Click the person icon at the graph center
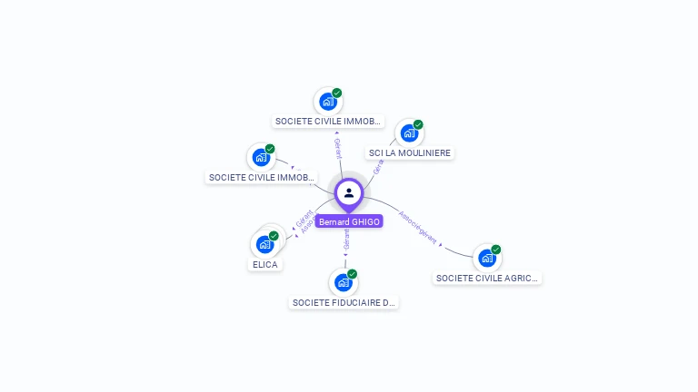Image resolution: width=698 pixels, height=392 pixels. pyautogui.click(x=349, y=192)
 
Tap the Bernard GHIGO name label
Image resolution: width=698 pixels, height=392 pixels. pyautogui.click(x=349, y=221)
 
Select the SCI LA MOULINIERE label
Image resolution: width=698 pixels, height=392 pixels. pyautogui.click(x=409, y=152)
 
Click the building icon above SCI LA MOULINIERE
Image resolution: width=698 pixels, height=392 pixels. pyautogui.click(x=408, y=133)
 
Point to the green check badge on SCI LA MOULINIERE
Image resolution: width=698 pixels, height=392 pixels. pyautogui.click(x=418, y=124)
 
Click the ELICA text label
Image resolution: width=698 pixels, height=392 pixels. pyautogui.click(x=265, y=264)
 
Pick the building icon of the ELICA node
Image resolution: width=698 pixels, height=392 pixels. pyautogui.click(x=264, y=244)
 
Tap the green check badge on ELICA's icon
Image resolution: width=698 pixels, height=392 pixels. pyautogui.click(x=274, y=236)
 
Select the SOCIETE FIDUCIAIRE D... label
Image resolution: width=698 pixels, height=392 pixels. pyautogui.click(x=344, y=302)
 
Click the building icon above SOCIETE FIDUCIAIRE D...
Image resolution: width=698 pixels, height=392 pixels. pyautogui.click(x=343, y=282)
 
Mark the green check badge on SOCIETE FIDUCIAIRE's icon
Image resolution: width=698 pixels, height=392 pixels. pyautogui.click(x=352, y=274)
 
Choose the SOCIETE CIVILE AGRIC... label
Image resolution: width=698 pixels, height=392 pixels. pyautogui.click(x=487, y=278)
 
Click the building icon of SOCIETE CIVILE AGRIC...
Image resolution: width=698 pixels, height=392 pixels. pyautogui.click(x=486, y=258)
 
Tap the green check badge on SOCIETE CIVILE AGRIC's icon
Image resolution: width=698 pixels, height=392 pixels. pyautogui.click(x=496, y=250)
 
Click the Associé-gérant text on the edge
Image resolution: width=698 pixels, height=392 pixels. pyautogui.click(x=417, y=230)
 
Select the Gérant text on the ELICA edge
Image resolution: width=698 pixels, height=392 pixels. pyautogui.click(x=304, y=219)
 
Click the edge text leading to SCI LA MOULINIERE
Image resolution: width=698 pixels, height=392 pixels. pyautogui.click(x=378, y=167)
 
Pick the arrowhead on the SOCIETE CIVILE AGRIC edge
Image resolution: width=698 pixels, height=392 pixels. pyautogui.click(x=441, y=245)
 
